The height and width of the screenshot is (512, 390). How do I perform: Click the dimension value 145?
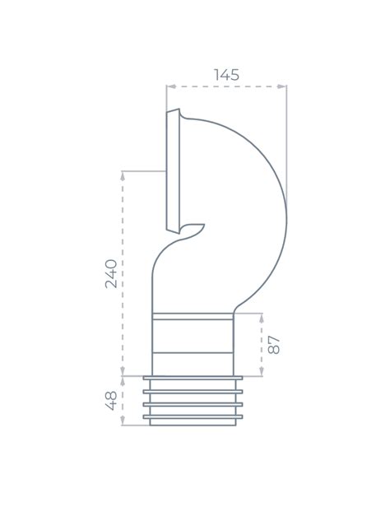point(226,74)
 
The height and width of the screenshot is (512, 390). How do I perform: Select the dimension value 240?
point(111,273)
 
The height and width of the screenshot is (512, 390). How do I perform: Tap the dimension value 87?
point(275,344)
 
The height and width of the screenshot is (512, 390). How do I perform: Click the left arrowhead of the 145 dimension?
point(169,86)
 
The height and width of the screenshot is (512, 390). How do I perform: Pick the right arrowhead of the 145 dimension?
point(285,86)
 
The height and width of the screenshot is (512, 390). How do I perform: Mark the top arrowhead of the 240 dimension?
point(123,174)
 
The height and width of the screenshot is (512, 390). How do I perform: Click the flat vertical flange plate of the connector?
point(172,169)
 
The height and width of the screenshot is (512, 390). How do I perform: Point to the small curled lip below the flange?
point(194,229)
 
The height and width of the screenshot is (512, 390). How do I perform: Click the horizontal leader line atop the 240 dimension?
point(144,171)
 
